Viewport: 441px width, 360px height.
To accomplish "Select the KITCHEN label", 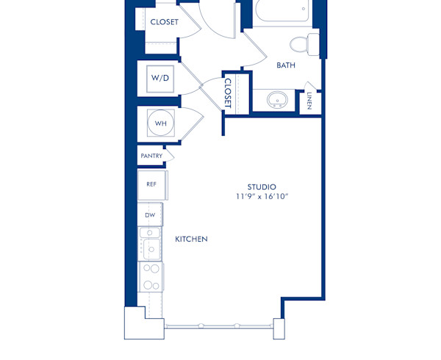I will point(191,240).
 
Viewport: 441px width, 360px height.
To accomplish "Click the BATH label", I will point(286,65).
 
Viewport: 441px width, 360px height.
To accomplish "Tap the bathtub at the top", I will point(282,12).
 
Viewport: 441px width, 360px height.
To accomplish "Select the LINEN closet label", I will point(309,101).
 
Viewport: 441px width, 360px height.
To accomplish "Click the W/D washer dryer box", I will point(159,78).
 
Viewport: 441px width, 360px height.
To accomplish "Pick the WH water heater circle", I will point(160,123).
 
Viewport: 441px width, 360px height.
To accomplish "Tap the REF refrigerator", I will point(152,184).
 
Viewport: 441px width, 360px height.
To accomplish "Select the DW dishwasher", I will point(150,215).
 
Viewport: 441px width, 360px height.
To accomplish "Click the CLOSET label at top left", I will point(164,22).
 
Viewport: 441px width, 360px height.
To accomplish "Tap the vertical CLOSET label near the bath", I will point(228,93).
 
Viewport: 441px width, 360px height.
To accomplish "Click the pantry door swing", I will point(170,155).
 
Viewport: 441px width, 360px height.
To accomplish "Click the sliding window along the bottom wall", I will point(218,325).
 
